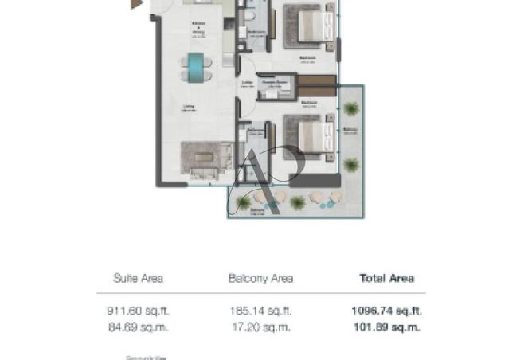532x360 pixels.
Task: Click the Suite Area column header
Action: [138, 278]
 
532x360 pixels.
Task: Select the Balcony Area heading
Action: [260, 278]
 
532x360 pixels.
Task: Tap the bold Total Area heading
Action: [386, 278]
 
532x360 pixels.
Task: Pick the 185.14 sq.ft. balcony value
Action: [260, 311]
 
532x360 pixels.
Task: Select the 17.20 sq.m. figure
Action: [260, 327]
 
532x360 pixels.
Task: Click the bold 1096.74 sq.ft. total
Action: [385, 311]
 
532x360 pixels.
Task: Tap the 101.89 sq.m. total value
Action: [385, 327]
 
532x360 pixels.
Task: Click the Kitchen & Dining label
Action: [200, 35]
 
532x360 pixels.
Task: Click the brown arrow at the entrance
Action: [138, 4]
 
